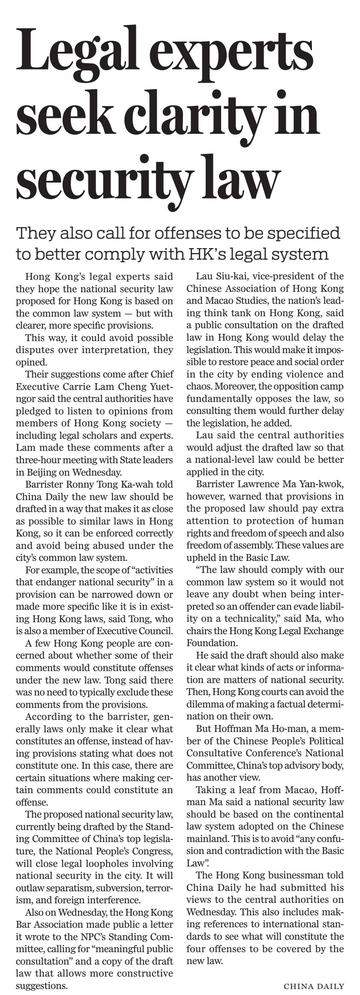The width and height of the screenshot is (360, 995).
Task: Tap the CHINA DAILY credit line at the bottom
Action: pyautogui.click(x=314, y=986)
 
